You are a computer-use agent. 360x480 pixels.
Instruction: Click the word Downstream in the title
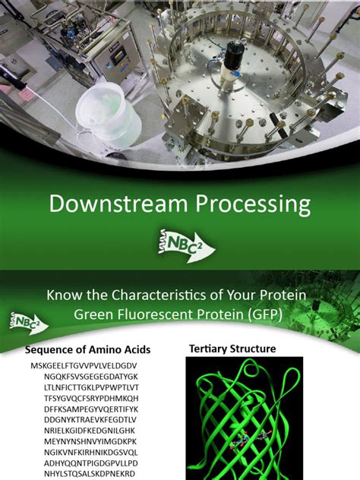pos(103,205)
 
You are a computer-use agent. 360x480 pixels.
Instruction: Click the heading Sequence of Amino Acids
pos(88,350)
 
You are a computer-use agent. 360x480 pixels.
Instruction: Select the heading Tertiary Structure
pos(232,349)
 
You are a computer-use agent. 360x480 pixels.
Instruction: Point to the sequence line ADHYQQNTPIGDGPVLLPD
pos(90,462)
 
